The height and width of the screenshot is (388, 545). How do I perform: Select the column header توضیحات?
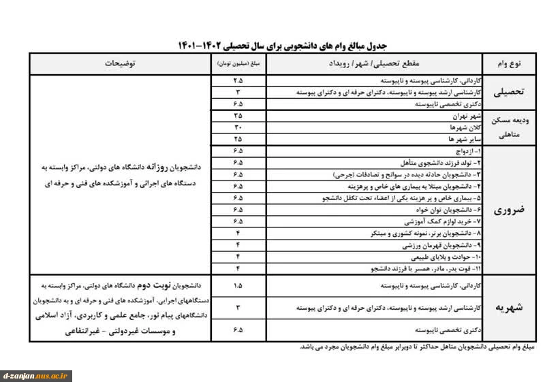120,63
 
